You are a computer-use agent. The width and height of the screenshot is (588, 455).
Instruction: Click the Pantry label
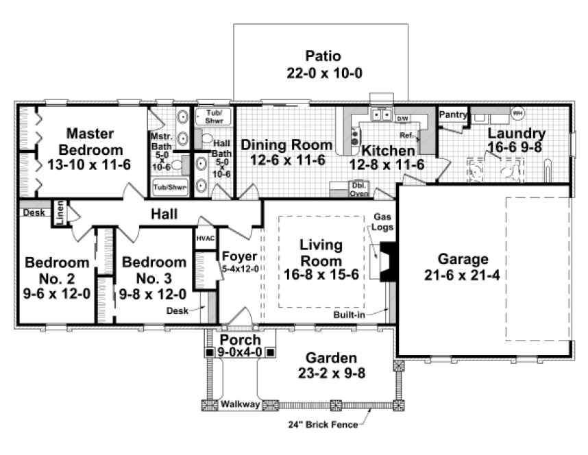pyautogui.click(x=452, y=114)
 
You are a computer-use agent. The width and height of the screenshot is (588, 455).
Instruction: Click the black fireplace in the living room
pyautogui.click(x=387, y=260)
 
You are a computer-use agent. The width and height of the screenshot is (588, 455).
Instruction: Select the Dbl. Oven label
pyautogui.click(x=339, y=189)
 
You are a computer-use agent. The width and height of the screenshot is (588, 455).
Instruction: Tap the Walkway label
pyautogui.click(x=240, y=405)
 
